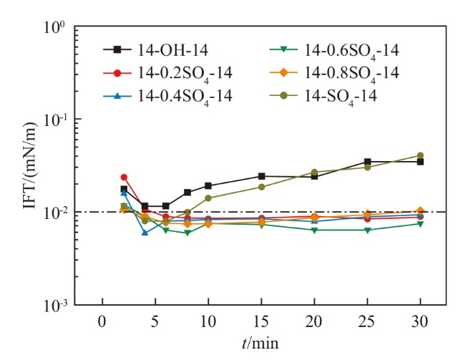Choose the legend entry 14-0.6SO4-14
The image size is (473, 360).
coord(351,50)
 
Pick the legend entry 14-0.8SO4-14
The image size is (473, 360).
coord(351,73)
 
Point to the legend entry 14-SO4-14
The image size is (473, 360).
coord(341,95)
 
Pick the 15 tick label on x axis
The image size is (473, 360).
coord(261,321)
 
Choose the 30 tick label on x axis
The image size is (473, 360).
coord(420,321)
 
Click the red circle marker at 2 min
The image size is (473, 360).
coord(124,177)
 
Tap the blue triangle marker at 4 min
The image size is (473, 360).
coord(145,233)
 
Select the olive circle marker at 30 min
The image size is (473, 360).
coord(420,155)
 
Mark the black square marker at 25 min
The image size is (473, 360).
coord(367,162)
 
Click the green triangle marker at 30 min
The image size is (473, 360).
coord(420,224)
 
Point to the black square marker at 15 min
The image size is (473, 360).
coord(261,176)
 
